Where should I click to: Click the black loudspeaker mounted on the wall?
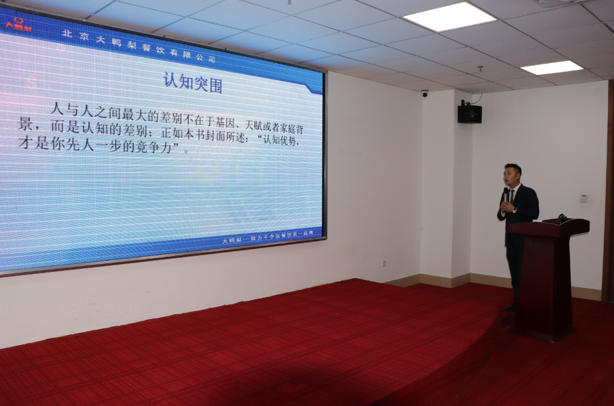[x=469, y=113]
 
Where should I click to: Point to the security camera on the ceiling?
[x=425, y=94]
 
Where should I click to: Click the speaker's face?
[x=512, y=174]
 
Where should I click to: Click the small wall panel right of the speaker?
[x=583, y=198]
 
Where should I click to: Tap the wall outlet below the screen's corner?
[x=384, y=263]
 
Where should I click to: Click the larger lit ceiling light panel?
[x=449, y=17]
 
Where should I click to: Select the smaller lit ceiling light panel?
[x=552, y=67]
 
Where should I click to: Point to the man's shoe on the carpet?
[x=510, y=307]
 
